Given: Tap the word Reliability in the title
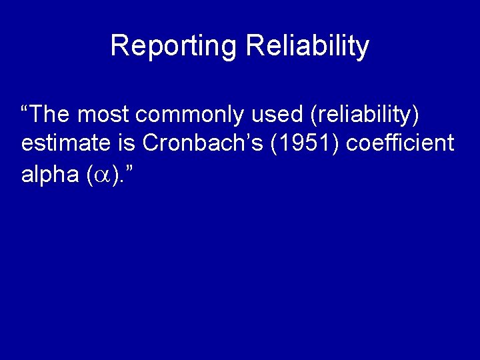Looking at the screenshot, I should (x=307, y=46).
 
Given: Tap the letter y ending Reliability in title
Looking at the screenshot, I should (x=362, y=49).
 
